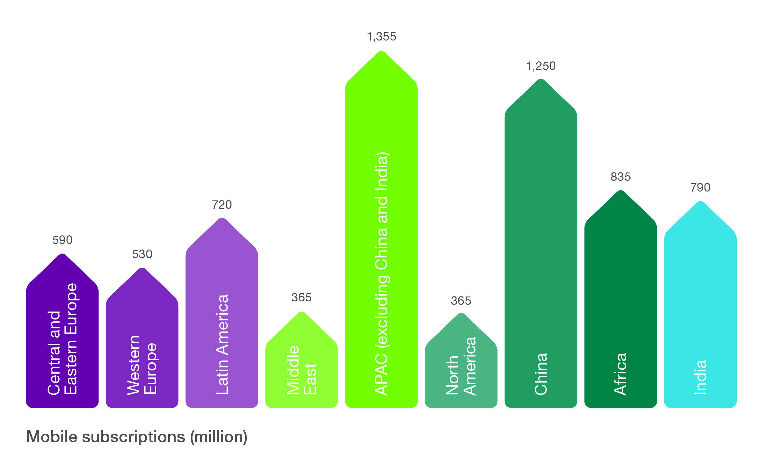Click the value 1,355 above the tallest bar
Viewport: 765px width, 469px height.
[x=382, y=37]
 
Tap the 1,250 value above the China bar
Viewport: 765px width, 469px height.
[x=541, y=66]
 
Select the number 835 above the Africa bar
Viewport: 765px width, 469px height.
[x=621, y=177]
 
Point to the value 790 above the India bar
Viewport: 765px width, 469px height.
[x=701, y=188]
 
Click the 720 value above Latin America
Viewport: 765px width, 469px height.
[x=222, y=205]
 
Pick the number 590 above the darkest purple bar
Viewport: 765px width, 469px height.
[x=62, y=240]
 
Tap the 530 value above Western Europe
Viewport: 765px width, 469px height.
[x=142, y=254]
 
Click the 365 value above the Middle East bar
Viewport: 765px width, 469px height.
[x=301, y=297]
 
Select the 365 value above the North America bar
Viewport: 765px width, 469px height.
[x=461, y=301]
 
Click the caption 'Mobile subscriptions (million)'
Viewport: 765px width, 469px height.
[x=137, y=437]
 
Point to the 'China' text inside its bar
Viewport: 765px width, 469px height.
[x=541, y=374]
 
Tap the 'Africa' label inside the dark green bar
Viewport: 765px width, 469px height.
[x=621, y=374]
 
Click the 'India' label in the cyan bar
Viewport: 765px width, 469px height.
[x=701, y=378]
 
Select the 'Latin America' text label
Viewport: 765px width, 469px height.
[x=222, y=344]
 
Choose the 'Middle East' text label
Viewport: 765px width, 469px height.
[x=301, y=370]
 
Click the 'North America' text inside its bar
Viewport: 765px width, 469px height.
[x=461, y=366]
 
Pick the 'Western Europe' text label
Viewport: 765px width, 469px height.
[x=142, y=365]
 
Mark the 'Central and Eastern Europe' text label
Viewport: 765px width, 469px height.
[x=62, y=339]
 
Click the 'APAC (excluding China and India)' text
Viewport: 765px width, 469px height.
[x=382, y=273]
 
